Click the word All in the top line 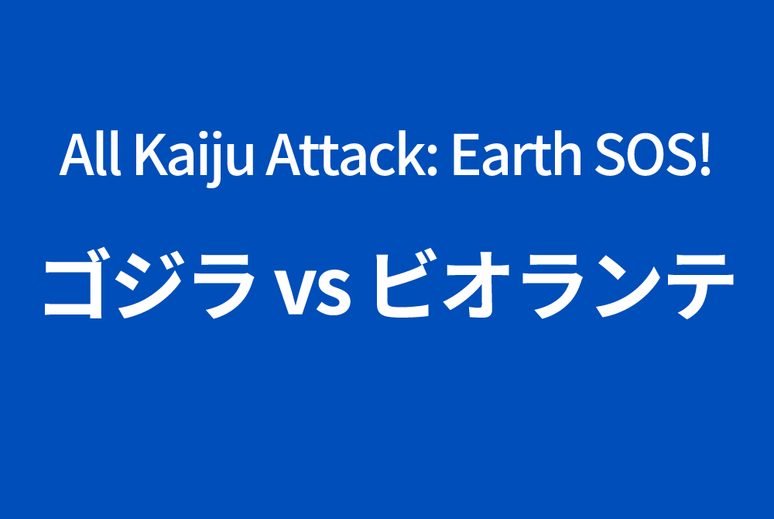pyautogui.click(x=91, y=153)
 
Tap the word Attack pyautogui.click(x=346, y=153)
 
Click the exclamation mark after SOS pyautogui.click(x=705, y=154)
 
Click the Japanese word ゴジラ pyautogui.click(x=149, y=284)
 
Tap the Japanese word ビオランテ pyautogui.click(x=554, y=284)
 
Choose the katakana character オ pyautogui.click(x=476, y=284)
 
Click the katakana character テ pyautogui.click(x=700, y=287)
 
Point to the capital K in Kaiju pyautogui.click(x=152, y=154)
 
